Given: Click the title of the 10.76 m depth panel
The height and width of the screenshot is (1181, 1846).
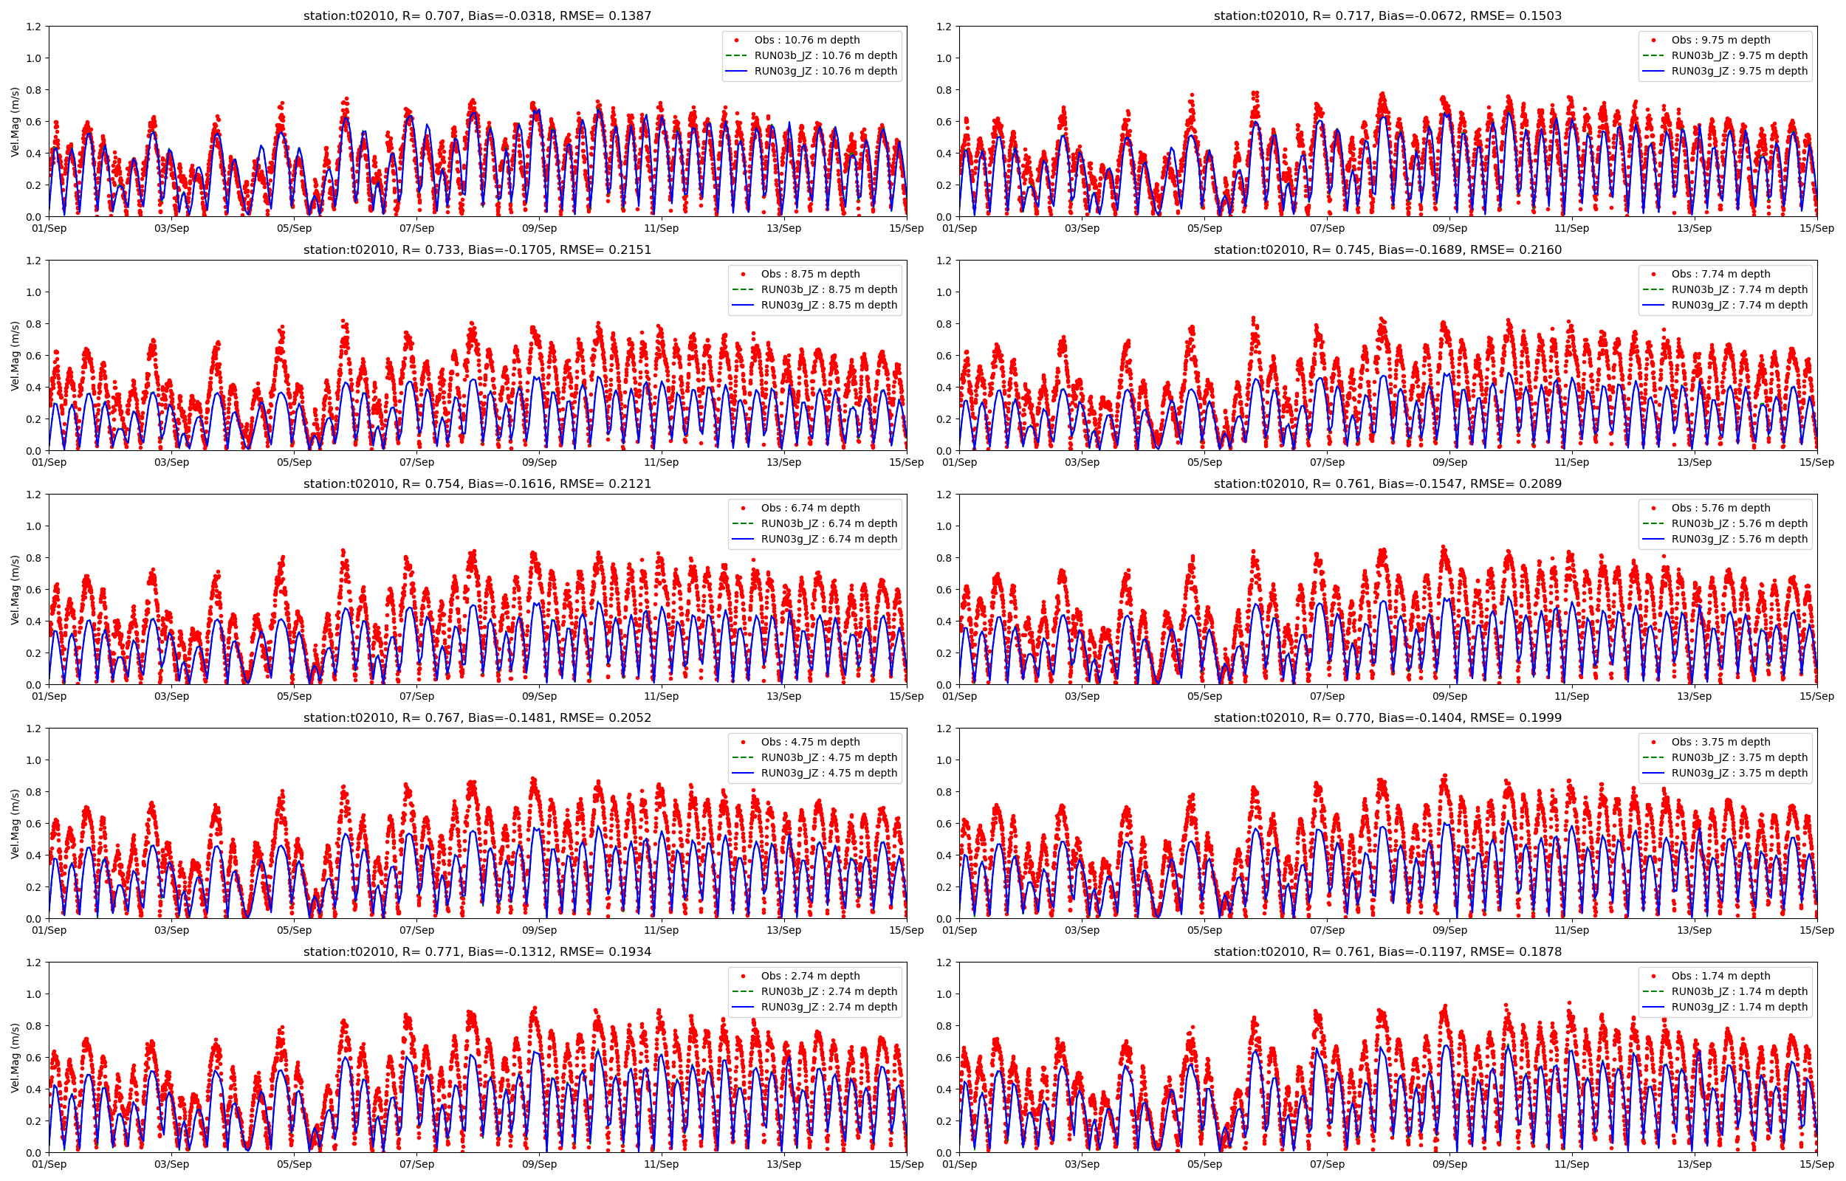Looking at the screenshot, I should [x=477, y=16].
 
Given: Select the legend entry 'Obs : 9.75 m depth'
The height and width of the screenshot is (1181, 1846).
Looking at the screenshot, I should [x=1720, y=40].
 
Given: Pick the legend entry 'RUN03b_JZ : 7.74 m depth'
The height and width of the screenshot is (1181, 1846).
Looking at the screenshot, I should [x=1739, y=289].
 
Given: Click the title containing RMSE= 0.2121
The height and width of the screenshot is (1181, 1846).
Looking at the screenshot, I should [x=477, y=483].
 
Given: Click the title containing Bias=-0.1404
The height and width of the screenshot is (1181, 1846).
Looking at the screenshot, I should [x=1387, y=717].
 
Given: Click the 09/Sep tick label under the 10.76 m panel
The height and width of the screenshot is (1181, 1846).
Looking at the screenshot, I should [x=539, y=228].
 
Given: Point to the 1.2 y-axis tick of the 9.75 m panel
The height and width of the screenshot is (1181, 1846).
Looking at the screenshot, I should [x=944, y=27].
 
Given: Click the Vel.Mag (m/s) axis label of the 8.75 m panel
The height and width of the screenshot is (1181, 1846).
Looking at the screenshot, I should [x=16, y=356].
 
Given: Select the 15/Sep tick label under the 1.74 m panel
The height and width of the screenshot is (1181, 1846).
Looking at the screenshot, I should [x=1816, y=1164].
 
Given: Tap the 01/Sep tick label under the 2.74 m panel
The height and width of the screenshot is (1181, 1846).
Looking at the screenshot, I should [x=49, y=1164].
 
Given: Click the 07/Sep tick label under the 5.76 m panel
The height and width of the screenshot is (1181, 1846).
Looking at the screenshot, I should [x=1327, y=696].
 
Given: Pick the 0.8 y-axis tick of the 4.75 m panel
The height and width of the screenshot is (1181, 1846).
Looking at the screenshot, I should [x=34, y=792].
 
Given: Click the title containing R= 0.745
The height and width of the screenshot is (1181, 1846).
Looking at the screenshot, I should [x=1387, y=249].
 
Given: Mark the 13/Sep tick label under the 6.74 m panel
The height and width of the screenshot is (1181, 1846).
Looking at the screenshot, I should [x=783, y=696].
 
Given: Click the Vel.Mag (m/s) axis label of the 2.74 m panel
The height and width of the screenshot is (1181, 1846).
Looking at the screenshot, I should [x=16, y=1058].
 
